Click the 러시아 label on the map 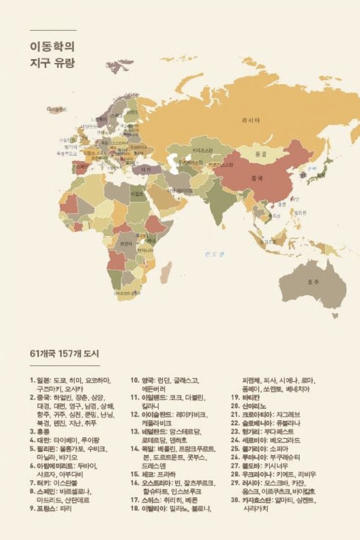(x=251, y=120)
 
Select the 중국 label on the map (x=257, y=179)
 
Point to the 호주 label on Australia (x=313, y=282)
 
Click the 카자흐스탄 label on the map (x=202, y=150)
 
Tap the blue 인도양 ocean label (x=214, y=254)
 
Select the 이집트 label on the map (x=137, y=193)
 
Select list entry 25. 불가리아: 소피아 (x=259, y=449)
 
